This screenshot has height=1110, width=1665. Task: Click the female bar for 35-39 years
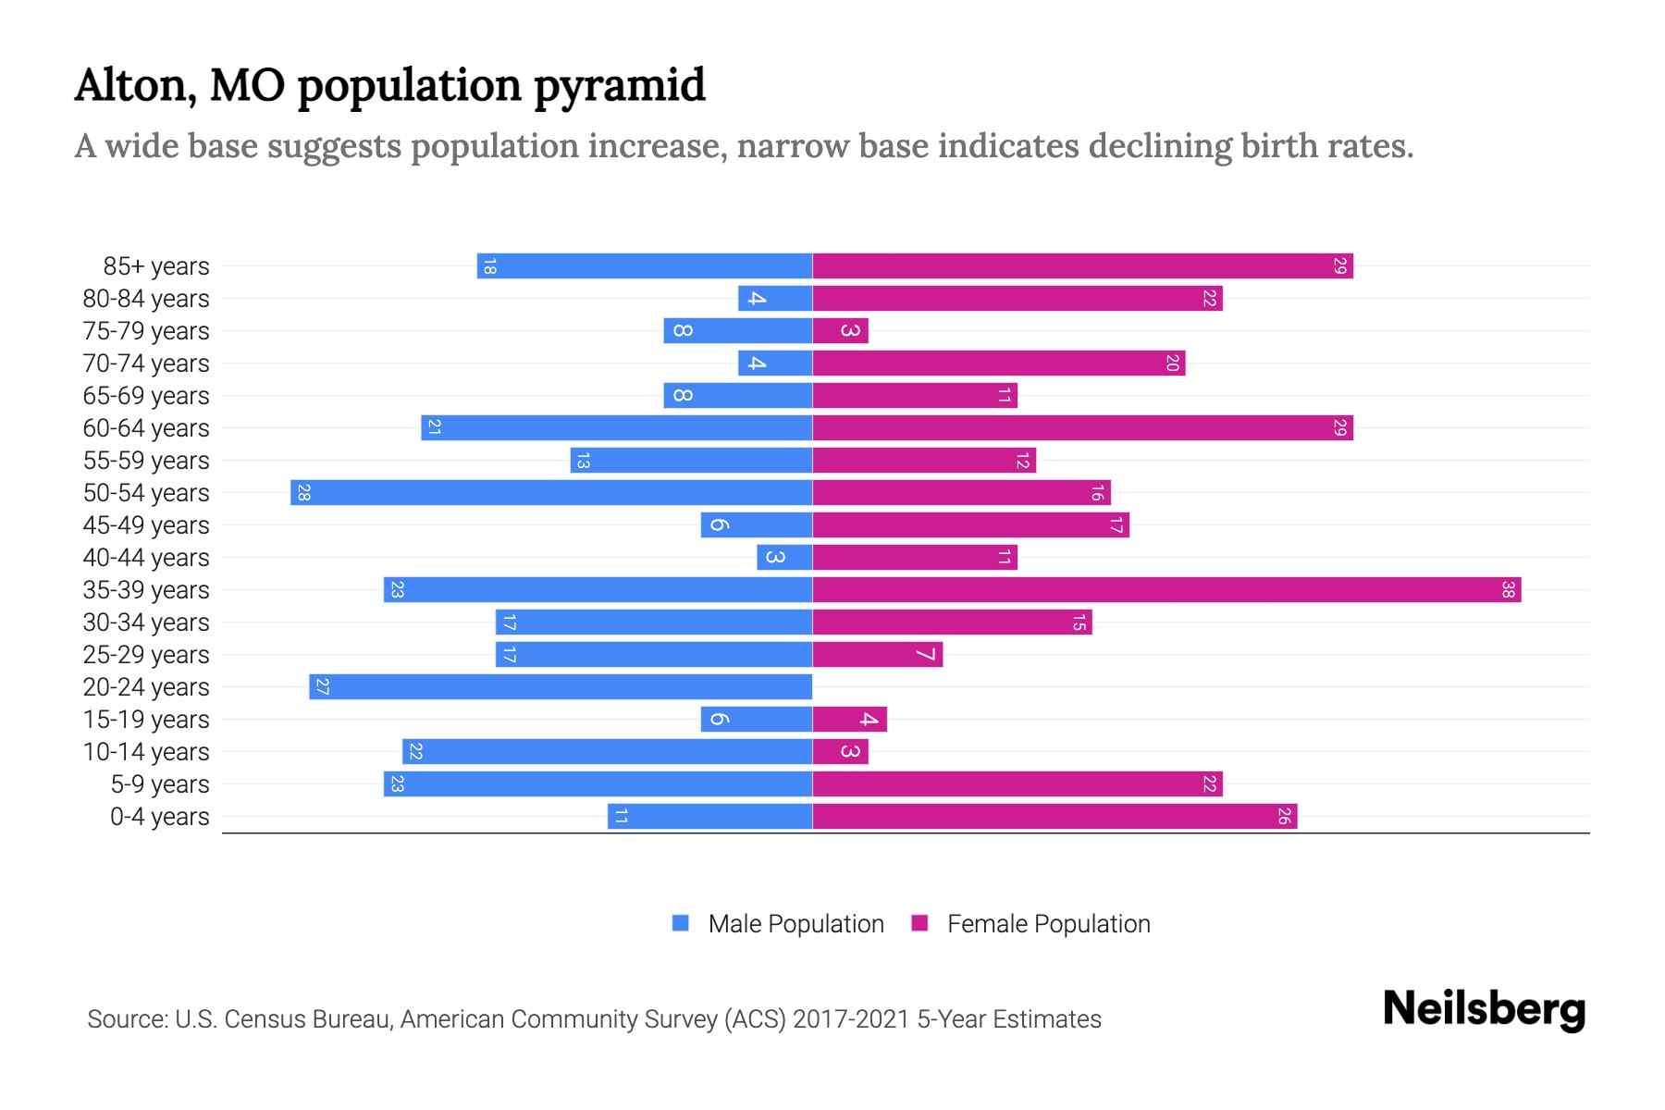[1165, 590]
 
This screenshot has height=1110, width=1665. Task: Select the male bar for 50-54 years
[551, 493]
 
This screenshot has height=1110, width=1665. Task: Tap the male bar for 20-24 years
[561, 687]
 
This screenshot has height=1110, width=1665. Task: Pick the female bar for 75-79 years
[840, 331]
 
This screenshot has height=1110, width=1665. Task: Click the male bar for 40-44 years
[784, 558]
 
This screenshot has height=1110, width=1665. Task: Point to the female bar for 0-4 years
[1054, 817]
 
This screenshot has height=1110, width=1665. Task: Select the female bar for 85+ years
[1082, 266]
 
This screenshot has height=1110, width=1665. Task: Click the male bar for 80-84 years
[775, 299]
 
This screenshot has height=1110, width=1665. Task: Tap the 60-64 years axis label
[146, 428]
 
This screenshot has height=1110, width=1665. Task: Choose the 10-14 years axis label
[146, 752]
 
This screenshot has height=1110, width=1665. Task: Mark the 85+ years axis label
[156, 266]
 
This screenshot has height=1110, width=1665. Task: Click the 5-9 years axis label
[160, 784]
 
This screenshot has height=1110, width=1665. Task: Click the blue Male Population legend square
[681, 923]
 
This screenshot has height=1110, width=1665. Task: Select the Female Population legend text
[1048, 924]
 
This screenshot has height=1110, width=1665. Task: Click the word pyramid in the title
[620, 86]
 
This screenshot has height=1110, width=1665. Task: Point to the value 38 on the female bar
[1508, 590]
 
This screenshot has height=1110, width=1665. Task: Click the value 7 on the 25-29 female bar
[926, 655]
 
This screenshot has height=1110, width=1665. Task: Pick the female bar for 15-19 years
[849, 720]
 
